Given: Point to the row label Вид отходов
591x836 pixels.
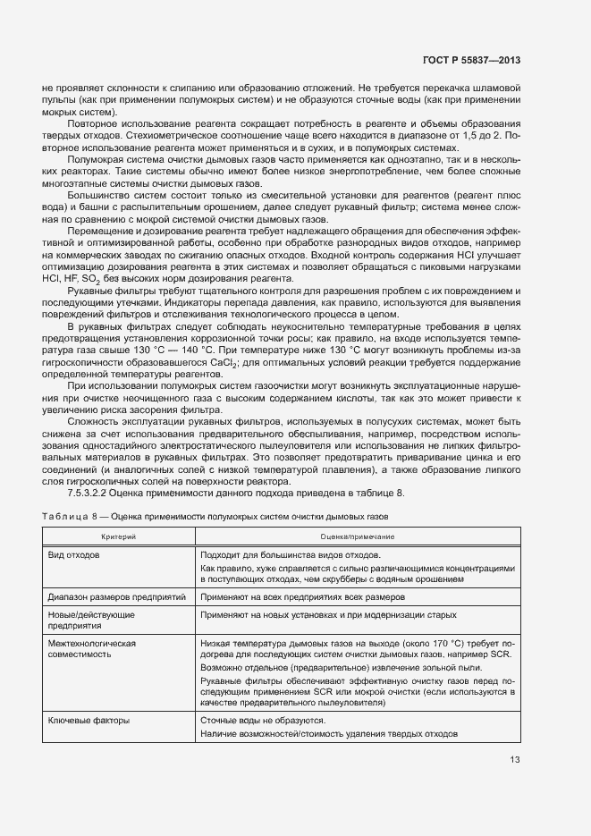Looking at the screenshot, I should pos(74,554).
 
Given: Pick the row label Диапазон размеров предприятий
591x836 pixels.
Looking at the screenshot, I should pos(116,596).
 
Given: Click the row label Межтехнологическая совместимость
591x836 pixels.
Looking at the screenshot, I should pos(91,648).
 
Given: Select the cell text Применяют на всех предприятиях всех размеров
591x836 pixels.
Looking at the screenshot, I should pos(303,596).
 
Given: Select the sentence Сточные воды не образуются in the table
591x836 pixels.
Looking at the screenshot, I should pos(263,721).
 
